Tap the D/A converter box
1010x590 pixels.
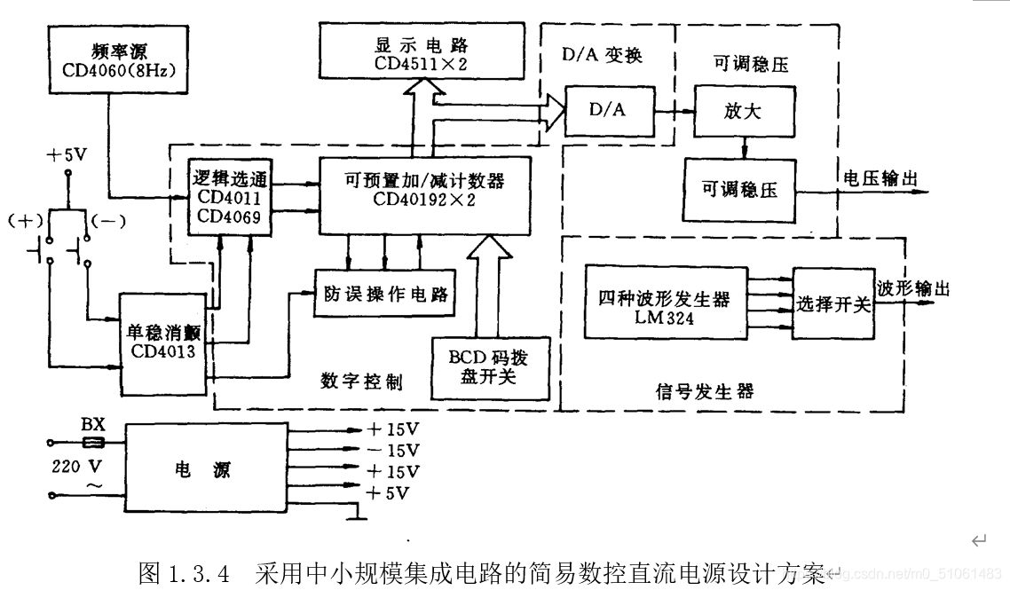tap(607, 111)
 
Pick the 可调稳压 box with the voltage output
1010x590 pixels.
tap(739, 189)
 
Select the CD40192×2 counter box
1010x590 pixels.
tap(424, 195)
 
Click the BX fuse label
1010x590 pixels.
tap(93, 424)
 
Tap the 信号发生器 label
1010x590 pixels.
tap(705, 390)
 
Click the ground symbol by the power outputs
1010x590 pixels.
tap(356, 514)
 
